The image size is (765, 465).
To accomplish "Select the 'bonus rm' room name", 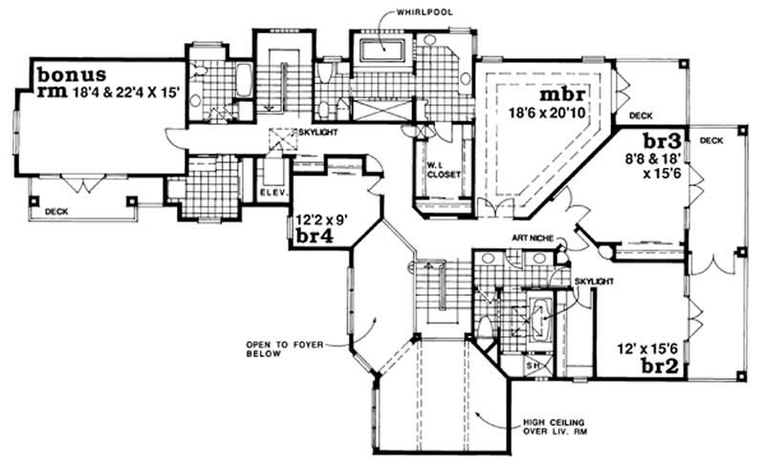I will click(x=67, y=83).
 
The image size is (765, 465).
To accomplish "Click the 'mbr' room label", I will click(x=557, y=96).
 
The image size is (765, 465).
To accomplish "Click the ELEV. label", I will click(x=273, y=198).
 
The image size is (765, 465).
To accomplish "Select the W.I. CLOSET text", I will click(x=443, y=171).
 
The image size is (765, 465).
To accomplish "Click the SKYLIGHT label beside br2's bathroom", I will click(x=593, y=282).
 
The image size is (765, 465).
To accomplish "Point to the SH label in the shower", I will click(x=535, y=366).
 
